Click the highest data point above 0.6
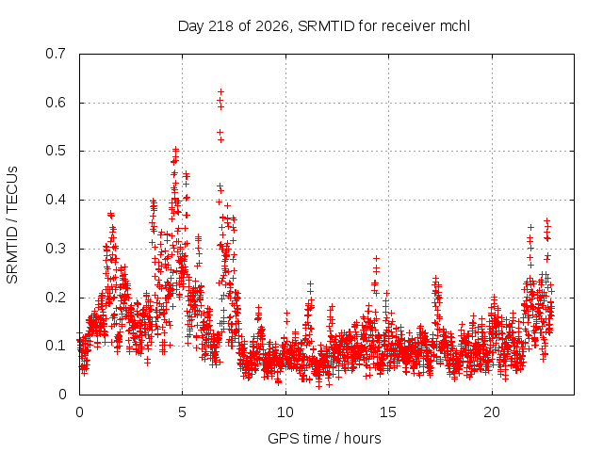(x=220, y=92)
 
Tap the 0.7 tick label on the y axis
(x=56, y=54)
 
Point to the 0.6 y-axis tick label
(x=56, y=103)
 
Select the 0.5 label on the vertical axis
(x=56, y=151)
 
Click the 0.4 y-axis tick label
(x=56, y=200)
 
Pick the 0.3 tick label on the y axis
(x=56, y=249)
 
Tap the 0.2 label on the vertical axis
(x=56, y=298)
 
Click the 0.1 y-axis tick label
(x=56, y=346)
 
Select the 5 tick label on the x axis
(x=182, y=412)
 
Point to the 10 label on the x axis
(x=285, y=412)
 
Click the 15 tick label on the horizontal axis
(x=388, y=412)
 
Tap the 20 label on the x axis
(x=492, y=412)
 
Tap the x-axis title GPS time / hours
(x=324, y=439)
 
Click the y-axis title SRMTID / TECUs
(x=12, y=225)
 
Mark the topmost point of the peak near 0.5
(x=176, y=148)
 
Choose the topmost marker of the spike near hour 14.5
(x=377, y=258)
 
